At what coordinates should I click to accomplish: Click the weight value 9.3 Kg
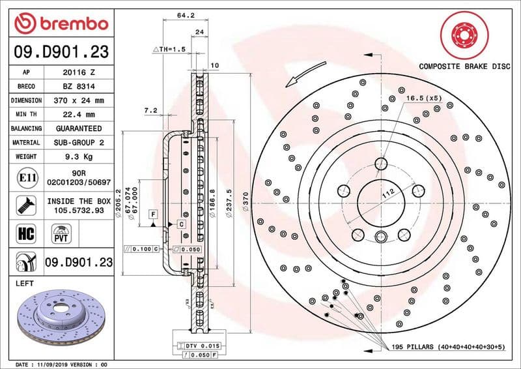pos(79,156)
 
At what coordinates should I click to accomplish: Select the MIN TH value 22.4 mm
pos(79,115)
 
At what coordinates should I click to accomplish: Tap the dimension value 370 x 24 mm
pos(79,100)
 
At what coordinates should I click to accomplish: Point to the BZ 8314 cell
pos(79,86)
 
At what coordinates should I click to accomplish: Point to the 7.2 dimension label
pos(150,111)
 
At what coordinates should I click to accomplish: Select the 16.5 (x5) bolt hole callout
pos(424,98)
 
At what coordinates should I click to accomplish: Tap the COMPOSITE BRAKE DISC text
pos(464,66)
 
